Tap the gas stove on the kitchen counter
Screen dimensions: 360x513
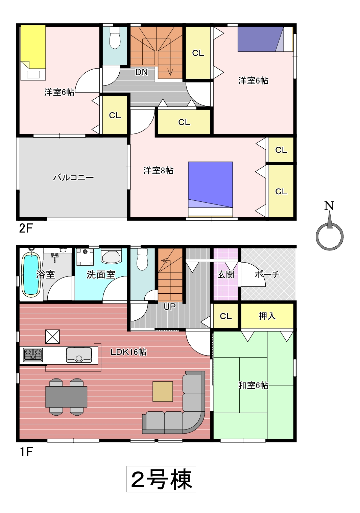(33, 355)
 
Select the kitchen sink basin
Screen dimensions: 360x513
(79, 355)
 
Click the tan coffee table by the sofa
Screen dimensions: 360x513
(163, 391)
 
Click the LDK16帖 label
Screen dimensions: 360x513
(128, 352)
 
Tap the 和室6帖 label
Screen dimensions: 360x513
(253, 386)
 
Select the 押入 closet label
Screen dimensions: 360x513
(267, 316)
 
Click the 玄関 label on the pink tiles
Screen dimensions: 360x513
(225, 274)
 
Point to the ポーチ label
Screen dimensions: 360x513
(267, 274)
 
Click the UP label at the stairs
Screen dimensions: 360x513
(170, 307)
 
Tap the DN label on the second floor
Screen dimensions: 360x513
(142, 72)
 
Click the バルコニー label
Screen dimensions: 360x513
(73, 177)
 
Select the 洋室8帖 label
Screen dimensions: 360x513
(159, 171)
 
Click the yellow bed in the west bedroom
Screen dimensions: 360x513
(33, 53)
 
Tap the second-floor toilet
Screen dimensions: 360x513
(115, 38)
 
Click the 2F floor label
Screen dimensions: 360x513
(26, 228)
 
